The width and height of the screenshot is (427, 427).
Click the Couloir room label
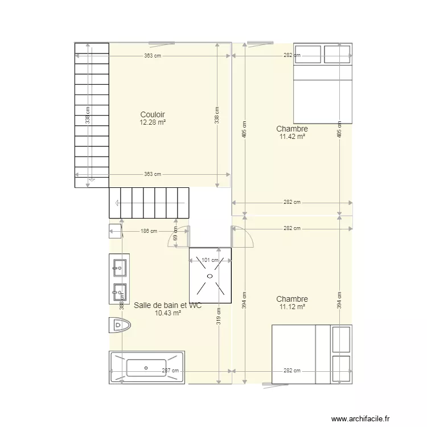point(152,114)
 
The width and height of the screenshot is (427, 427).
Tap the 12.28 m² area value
point(152,122)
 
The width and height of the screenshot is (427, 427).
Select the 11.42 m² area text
point(291,137)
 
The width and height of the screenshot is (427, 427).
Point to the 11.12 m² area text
point(291,307)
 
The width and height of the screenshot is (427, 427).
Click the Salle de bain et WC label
point(167,305)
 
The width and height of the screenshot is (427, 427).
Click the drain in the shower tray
point(210,276)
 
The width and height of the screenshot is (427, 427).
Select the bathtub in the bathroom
point(146,367)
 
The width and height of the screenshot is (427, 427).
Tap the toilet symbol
point(119,326)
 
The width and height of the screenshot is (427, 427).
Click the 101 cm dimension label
point(210,260)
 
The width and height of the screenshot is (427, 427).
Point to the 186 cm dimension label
point(149,231)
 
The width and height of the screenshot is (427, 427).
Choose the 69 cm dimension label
point(175,233)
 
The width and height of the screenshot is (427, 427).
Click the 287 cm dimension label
point(170,371)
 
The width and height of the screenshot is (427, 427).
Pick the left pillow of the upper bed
point(307,54)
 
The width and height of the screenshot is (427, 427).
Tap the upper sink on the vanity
point(120,265)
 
